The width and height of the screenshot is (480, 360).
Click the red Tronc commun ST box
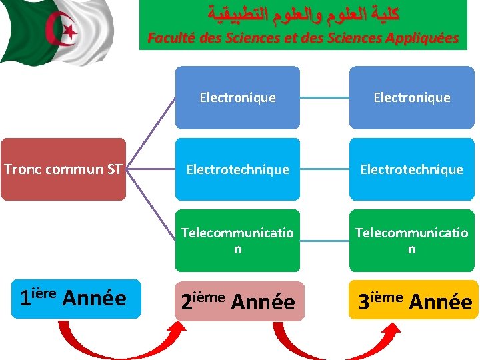[x=63, y=169]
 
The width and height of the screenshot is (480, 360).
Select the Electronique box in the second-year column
[x=237, y=97]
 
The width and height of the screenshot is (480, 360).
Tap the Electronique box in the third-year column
[x=411, y=97]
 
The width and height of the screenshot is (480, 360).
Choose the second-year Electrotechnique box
[x=237, y=169]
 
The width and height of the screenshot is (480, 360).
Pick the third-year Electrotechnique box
[x=411, y=169]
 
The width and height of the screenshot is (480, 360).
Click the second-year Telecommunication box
[x=237, y=241]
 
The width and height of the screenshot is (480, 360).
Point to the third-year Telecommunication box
[x=411, y=241]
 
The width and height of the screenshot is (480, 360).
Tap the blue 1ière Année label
[x=73, y=298]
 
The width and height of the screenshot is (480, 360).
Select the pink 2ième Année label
[x=237, y=301]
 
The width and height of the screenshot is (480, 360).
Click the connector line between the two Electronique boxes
[x=325, y=97]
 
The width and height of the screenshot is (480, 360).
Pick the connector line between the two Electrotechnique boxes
[x=325, y=169]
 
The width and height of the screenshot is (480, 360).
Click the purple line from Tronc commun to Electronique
[x=150, y=133]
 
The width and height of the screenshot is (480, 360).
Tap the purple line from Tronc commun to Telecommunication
[x=150, y=205]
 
